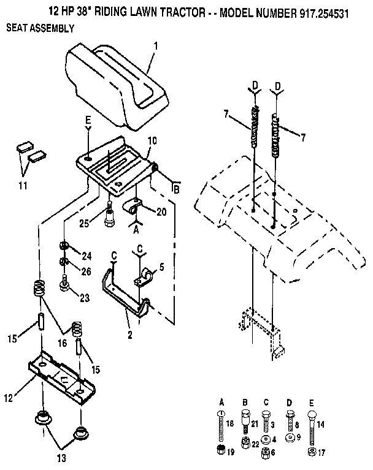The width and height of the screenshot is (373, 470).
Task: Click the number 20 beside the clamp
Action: pyautogui.click(x=161, y=211)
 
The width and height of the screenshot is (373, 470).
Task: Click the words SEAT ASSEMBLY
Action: pyautogui.click(x=40, y=28)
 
